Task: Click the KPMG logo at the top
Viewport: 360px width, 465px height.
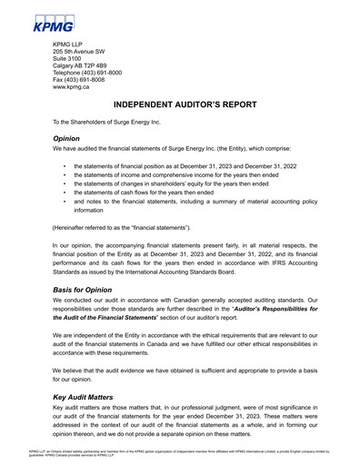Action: [x=56, y=22]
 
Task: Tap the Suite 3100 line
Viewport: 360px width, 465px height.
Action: [x=71, y=61]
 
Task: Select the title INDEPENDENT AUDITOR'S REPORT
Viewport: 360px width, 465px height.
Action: [x=180, y=106]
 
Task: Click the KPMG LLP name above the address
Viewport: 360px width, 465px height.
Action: [x=73, y=45]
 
